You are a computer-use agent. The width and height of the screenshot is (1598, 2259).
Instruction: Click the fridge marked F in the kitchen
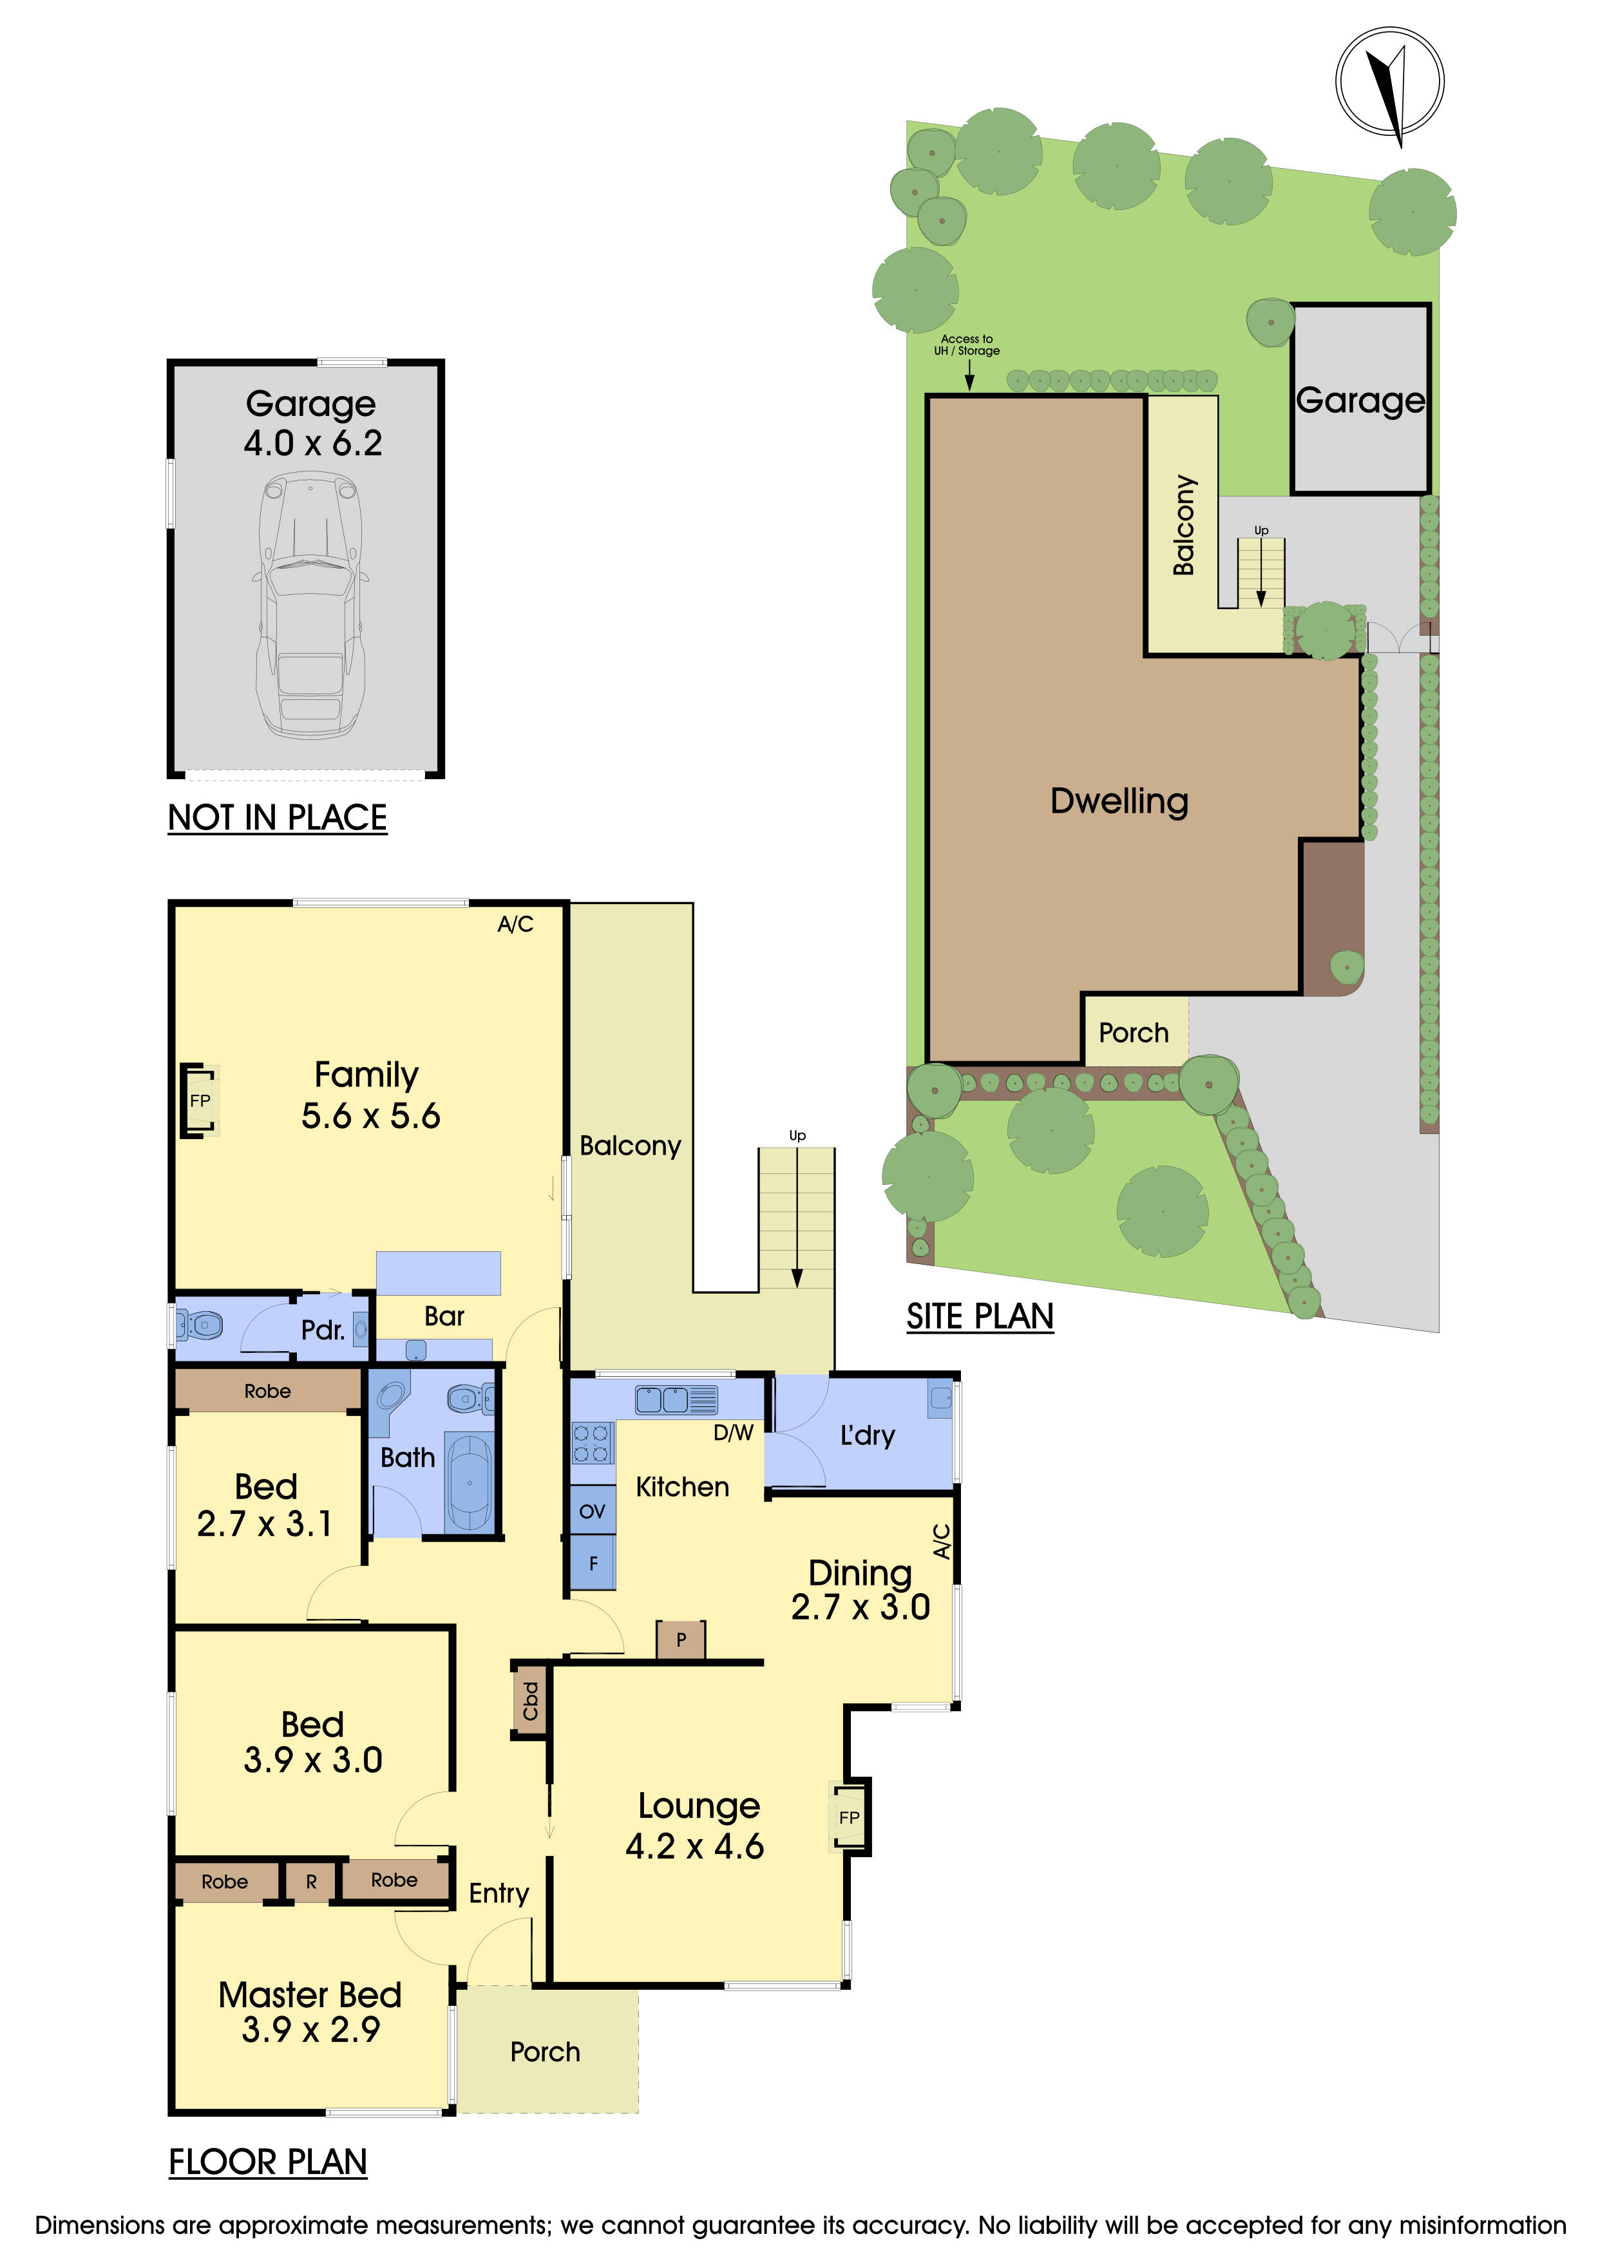click(x=593, y=1562)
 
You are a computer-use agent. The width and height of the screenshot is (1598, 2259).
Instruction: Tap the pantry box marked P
click(x=681, y=1639)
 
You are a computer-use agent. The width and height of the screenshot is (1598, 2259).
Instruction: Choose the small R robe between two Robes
click(x=311, y=1881)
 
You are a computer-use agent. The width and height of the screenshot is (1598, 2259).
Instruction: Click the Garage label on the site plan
click(x=1360, y=401)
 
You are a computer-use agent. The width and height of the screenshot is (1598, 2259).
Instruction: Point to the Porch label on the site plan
click(x=1134, y=1032)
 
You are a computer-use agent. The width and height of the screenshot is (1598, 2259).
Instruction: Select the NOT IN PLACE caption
click(x=278, y=818)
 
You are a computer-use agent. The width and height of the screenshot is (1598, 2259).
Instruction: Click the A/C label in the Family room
click(x=515, y=924)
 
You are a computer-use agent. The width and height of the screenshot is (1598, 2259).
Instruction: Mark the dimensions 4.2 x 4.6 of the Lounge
click(x=695, y=1846)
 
